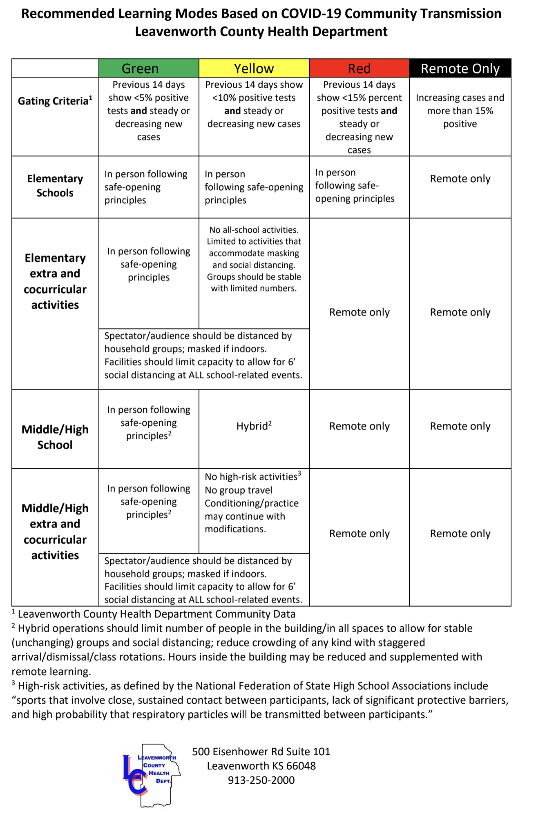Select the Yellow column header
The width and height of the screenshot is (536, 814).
coord(254,68)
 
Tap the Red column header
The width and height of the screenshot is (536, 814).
coord(359,68)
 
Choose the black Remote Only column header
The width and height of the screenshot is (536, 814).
coord(460,68)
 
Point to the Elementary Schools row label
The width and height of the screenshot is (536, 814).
coord(55,186)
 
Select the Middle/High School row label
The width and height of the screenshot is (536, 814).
coord(55,437)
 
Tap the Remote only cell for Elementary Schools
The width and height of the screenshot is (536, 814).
coord(460,179)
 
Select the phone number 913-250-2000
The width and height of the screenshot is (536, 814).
coord(261,780)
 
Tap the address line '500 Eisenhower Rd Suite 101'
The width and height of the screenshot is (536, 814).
coord(261,752)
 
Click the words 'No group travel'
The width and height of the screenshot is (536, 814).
coord(238,490)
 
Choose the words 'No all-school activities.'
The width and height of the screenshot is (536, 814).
coord(254,230)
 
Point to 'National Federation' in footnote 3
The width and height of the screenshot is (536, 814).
coord(243,686)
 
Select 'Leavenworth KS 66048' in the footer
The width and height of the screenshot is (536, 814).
coord(261,766)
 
